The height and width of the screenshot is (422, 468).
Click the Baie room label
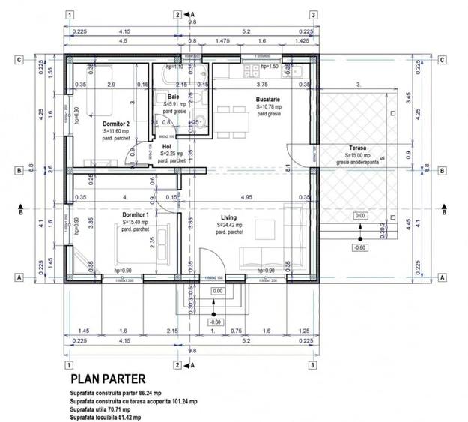tap(173, 97)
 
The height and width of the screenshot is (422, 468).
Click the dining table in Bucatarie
tap(231, 117)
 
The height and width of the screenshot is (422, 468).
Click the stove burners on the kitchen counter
tap(246, 70)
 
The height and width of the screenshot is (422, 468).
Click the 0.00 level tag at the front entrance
tap(217, 291)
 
